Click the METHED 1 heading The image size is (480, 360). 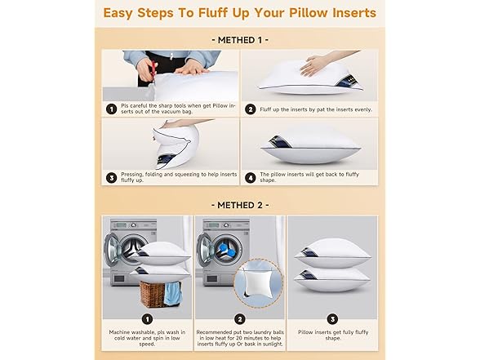[239, 39]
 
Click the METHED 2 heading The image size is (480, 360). [239, 204]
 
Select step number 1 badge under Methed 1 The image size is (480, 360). [110, 108]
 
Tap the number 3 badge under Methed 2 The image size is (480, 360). [331, 319]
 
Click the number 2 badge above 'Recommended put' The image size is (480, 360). [239, 319]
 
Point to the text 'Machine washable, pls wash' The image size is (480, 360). [147, 333]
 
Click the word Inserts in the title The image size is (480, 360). [349, 13]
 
